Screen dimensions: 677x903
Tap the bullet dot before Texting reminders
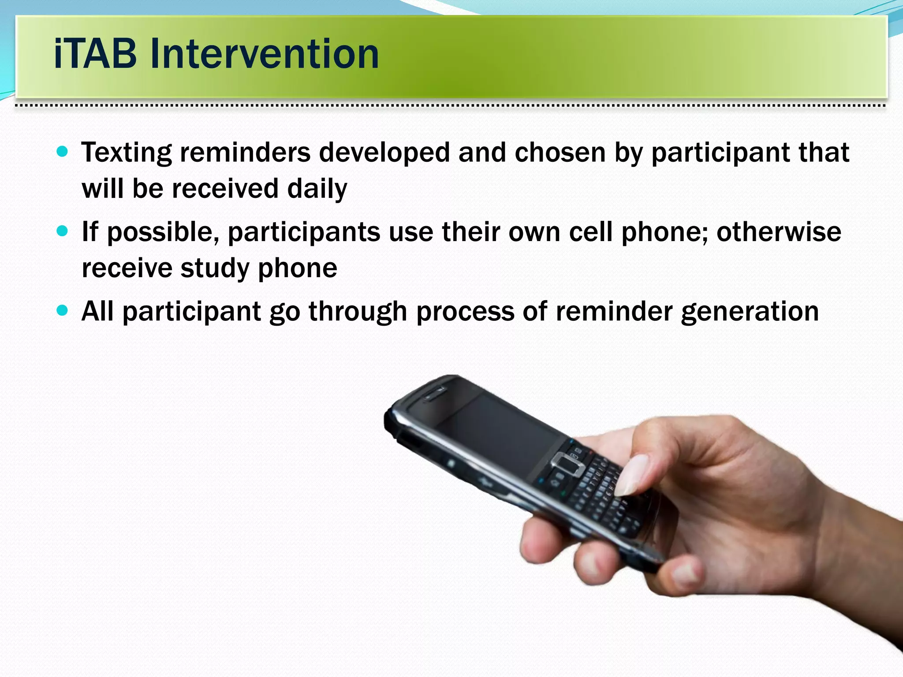click(63, 152)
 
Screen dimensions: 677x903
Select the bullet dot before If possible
click(63, 231)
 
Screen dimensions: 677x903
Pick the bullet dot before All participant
click(63, 310)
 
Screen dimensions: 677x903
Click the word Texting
click(126, 153)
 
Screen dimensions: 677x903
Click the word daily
click(317, 189)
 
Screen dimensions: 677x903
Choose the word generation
click(750, 312)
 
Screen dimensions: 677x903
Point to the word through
click(358, 312)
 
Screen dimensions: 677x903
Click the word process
click(465, 312)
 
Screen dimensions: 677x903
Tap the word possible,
click(163, 232)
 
